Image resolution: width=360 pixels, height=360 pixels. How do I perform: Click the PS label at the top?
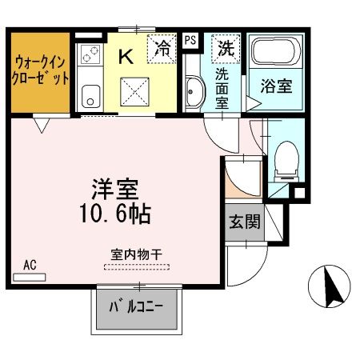coord(190,39)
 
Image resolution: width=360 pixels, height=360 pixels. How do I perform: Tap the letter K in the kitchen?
coord(126,56)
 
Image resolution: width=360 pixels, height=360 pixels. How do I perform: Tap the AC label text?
coord(30,265)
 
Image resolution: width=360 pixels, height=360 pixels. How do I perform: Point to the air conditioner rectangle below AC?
coord(30,277)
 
